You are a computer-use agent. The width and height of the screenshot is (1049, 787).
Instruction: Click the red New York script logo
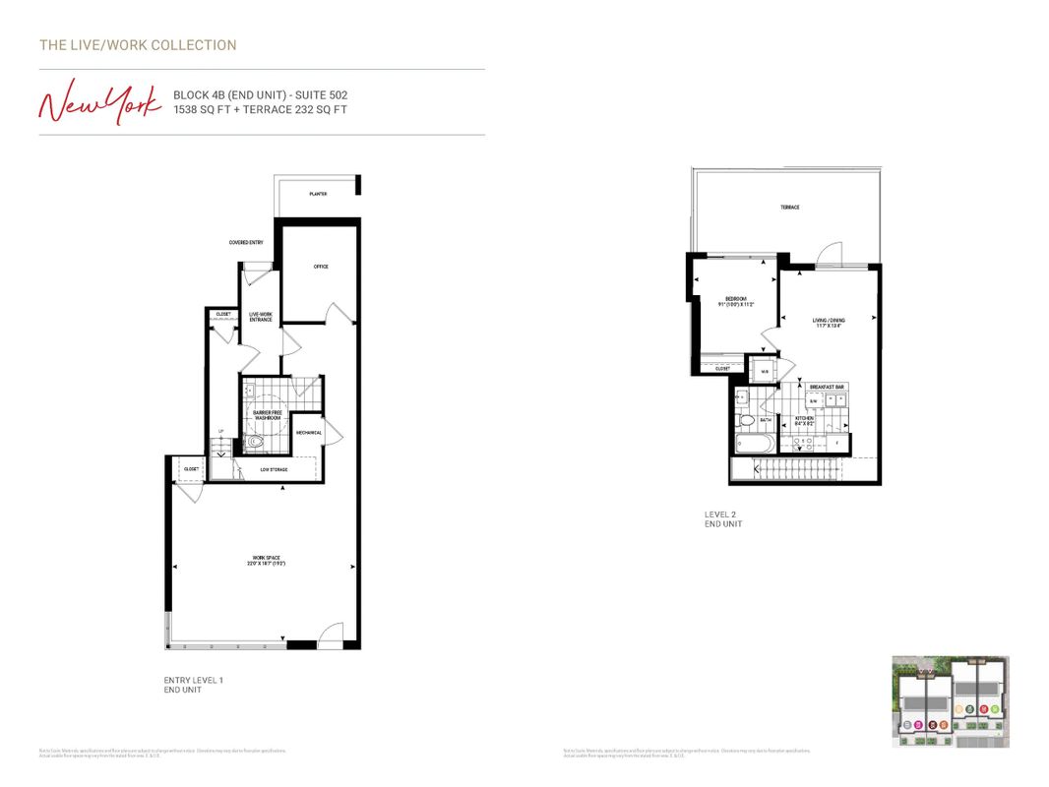point(99,102)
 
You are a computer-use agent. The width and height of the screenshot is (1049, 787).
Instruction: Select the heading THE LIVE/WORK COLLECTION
point(138,45)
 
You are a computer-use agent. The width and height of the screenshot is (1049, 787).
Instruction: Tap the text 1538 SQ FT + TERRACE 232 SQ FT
point(260,110)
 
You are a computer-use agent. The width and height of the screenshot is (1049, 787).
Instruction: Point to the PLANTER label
point(318,195)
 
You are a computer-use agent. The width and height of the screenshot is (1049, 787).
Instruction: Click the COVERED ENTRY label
point(246,242)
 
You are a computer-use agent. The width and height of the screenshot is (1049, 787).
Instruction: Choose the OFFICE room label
point(320,267)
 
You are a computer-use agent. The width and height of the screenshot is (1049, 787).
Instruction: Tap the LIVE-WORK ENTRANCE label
point(260,317)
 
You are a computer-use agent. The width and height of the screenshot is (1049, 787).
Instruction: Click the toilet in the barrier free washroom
point(256,442)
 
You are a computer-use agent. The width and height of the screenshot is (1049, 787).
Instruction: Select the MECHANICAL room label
point(308,433)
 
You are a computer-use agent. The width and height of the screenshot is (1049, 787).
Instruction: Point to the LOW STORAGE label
point(274,469)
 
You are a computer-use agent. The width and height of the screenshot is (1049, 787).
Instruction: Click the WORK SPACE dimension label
point(264,562)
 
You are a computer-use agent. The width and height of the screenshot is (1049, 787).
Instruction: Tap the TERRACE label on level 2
point(790,208)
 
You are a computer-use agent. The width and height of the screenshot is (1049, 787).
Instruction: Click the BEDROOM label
point(736,301)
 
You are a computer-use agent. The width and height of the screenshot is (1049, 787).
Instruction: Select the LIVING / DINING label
point(828,323)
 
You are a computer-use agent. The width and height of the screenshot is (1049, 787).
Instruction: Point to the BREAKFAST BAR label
point(827,387)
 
